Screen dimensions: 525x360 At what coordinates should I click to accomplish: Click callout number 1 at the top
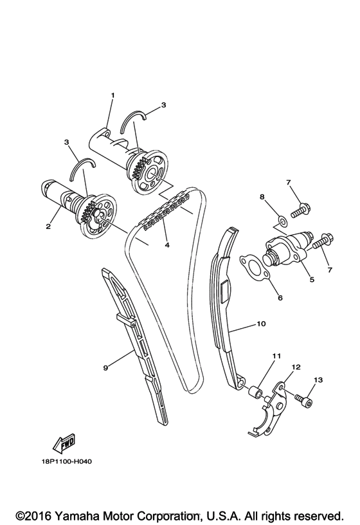click(113, 96)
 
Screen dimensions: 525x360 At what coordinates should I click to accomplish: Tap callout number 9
click(105, 367)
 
